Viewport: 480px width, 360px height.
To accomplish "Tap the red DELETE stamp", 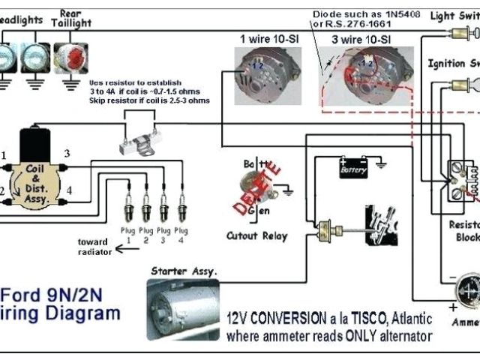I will pos(265,183).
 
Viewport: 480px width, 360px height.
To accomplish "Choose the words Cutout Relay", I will pos(257,235).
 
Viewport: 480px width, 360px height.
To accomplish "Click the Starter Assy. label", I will pos(184,271).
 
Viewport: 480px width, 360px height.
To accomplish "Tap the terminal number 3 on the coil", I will pos(67,154).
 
